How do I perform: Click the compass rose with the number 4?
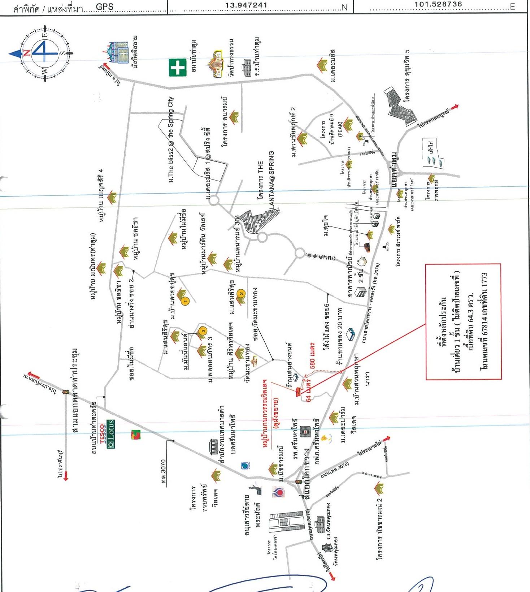45,53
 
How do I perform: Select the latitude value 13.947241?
246,5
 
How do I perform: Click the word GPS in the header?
105,7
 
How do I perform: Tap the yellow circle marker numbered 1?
185,301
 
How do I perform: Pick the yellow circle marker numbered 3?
203,330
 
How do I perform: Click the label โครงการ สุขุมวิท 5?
407,76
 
